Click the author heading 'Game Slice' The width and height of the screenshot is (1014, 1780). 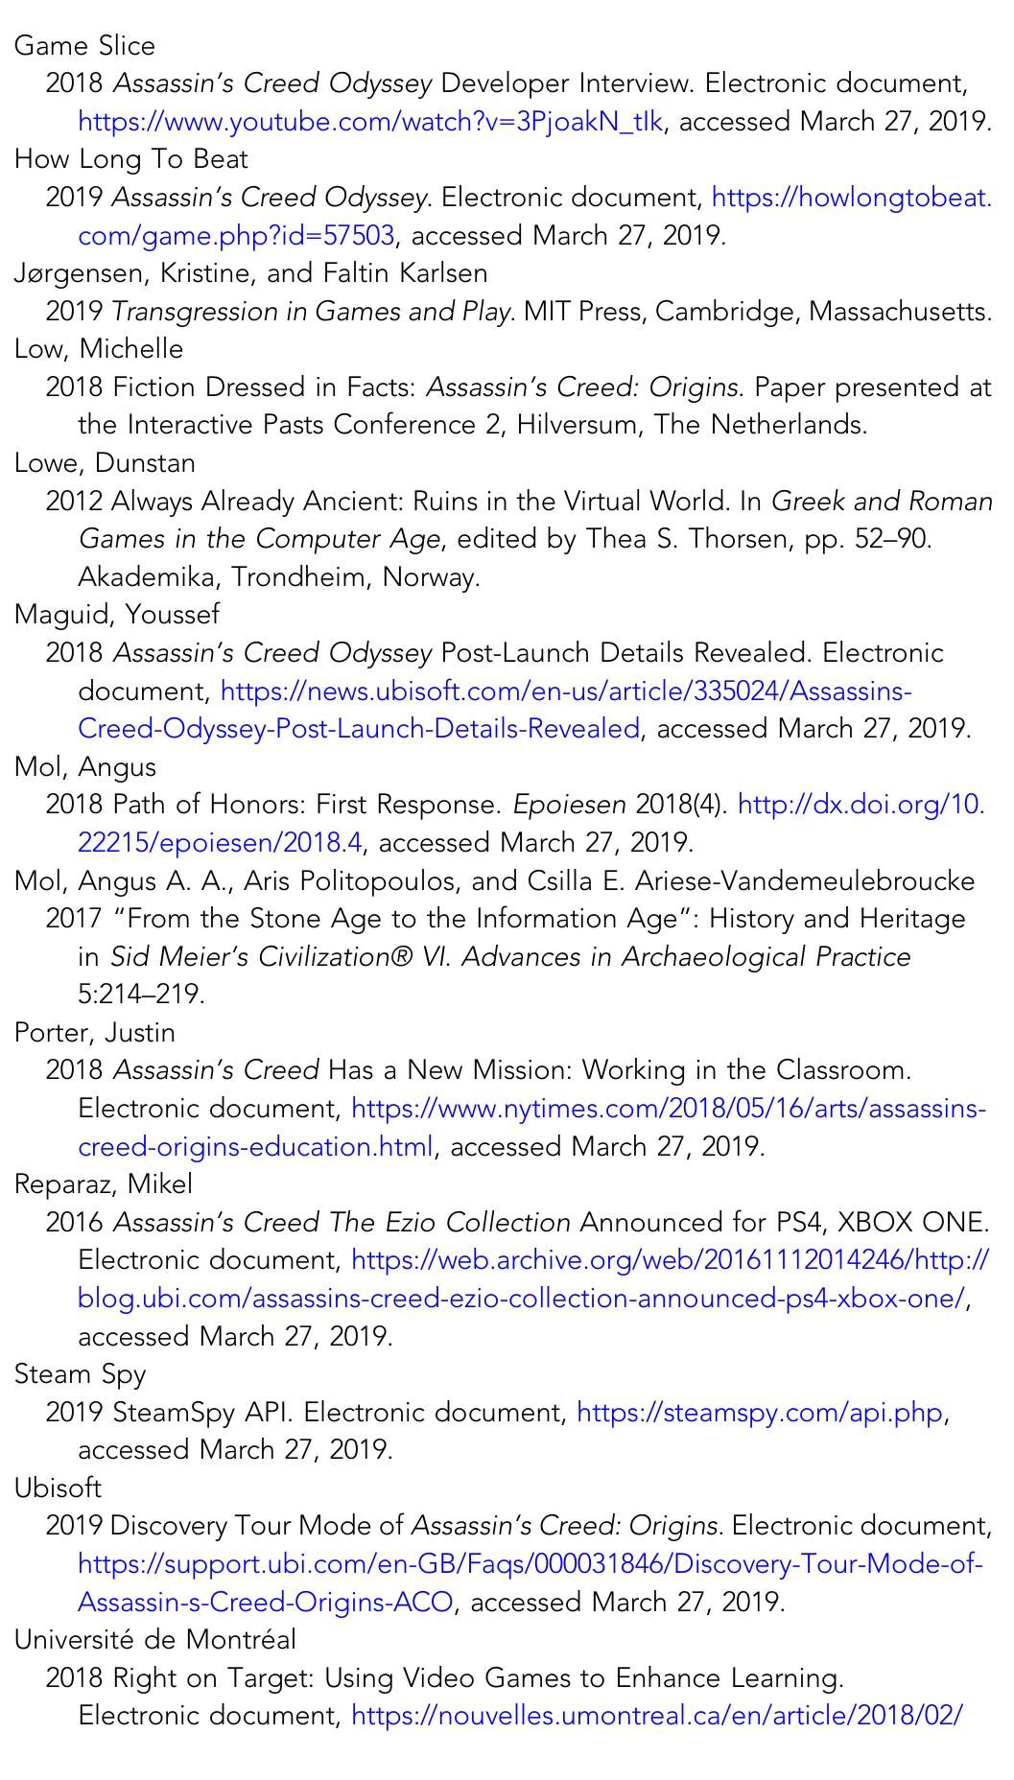click(x=84, y=46)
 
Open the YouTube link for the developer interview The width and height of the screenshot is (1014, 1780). click(x=369, y=122)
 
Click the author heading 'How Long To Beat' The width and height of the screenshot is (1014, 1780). click(x=130, y=159)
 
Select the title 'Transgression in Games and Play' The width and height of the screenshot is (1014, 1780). click(x=310, y=312)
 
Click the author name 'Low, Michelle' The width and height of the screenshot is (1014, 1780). click(x=98, y=349)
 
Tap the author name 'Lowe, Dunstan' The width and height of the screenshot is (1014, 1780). click(x=105, y=463)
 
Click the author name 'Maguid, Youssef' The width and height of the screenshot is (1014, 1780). click(x=116, y=615)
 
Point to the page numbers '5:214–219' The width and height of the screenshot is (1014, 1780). click(x=141, y=995)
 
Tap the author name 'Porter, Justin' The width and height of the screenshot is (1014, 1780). click(x=94, y=1033)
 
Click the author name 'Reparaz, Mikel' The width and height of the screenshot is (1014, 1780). click(x=103, y=1184)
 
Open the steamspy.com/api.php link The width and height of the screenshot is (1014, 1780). click(x=760, y=1413)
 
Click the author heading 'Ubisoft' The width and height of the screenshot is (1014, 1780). click(x=58, y=1488)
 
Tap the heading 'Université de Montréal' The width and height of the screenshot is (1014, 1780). click(x=154, y=1640)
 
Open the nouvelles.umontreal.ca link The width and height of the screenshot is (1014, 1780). click(x=656, y=1716)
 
